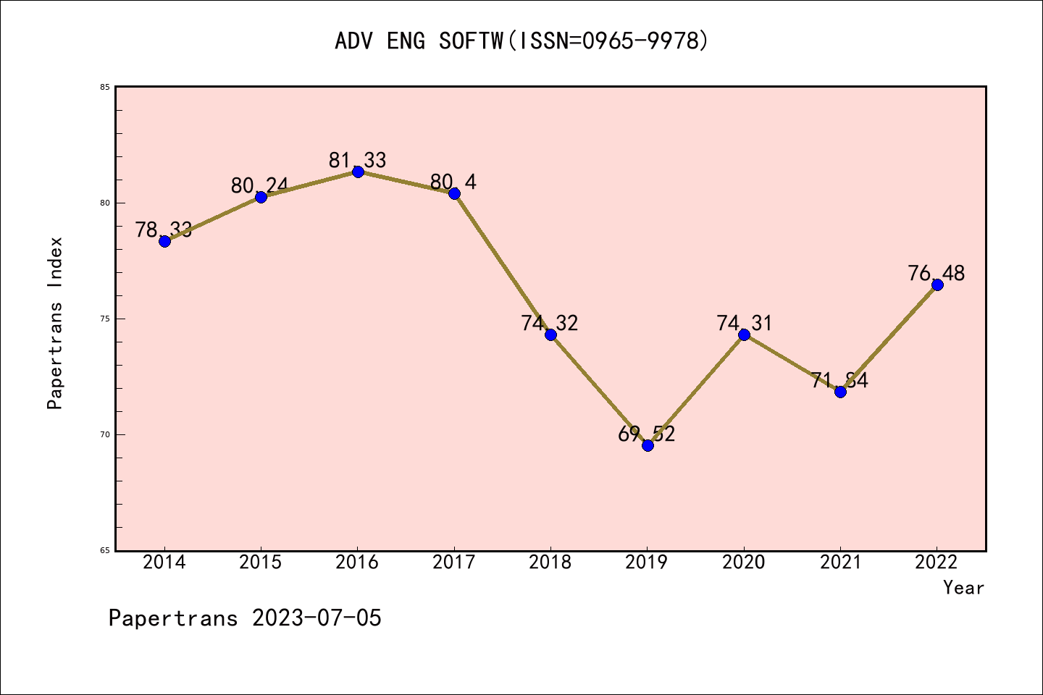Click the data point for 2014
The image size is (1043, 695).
pyautogui.click(x=164, y=241)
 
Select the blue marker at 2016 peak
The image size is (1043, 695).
pyautogui.click(x=358, y=172)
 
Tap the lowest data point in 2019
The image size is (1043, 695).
pyautogui.click(x=648, y=445)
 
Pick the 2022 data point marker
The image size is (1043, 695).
pyautogui.click(x=937, y=285)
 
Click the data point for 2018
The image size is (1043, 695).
pyautogui.click(x=550, y=334)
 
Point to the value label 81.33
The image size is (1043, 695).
pyautogui.click(x=358, y=160)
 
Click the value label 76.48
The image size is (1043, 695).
pyautogui.click(x=937, y=274)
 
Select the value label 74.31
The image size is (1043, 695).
pyautogui.click(x=745, y=323)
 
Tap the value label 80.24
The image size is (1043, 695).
pyautogui.click(x=259, y=186)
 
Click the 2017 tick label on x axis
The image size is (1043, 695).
pyautogui.click(x=454, y=563)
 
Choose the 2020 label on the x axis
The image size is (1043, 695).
pyautogui.click(x=744, y=563)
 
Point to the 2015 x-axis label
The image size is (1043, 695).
pyautogui.click(x=261, y=563)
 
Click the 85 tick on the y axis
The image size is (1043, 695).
pyautogui.click(x=105, y=88)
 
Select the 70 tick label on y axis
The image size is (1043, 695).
pyautogui.click(x=105, y=435)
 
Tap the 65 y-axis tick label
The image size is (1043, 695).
pyautogui.click(x=105, y=551)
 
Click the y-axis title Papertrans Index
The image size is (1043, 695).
pyautogui.click(x=56, y=323)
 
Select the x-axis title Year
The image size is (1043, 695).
pyautogui.click(x=963, y=588)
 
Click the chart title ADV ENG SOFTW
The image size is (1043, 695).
pyautogui.click(x=521, y=41)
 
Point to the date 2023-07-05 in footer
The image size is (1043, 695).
pyautogui.click(x=317, y=618)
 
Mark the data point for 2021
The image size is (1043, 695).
pyautogui.click(x=840, y=392)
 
